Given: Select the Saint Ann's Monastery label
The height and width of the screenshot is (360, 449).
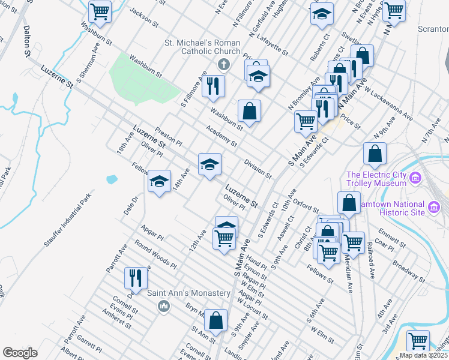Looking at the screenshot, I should point(190,293).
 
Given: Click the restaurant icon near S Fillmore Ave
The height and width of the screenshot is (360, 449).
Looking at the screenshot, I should point(213,86).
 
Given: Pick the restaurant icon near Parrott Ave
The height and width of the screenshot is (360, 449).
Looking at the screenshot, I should point(136,278).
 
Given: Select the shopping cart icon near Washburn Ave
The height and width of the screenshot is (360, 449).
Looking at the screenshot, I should point(100,11).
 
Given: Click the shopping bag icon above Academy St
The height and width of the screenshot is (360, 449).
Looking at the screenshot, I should point(249,110).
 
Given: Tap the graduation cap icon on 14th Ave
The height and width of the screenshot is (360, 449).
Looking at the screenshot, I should point(159,181).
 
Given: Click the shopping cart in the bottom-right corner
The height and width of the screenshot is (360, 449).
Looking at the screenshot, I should point(418,341).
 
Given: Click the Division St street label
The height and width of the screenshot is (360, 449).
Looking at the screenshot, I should point(258,169).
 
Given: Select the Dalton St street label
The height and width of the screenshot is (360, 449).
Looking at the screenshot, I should point(27,41).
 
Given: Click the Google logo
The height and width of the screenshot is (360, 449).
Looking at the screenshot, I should point(20,353).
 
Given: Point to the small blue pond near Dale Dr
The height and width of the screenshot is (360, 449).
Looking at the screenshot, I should point(112,179).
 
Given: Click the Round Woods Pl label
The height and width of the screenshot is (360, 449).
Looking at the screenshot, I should point(155,254).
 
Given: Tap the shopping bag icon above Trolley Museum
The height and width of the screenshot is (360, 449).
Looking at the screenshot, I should point(375,154).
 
